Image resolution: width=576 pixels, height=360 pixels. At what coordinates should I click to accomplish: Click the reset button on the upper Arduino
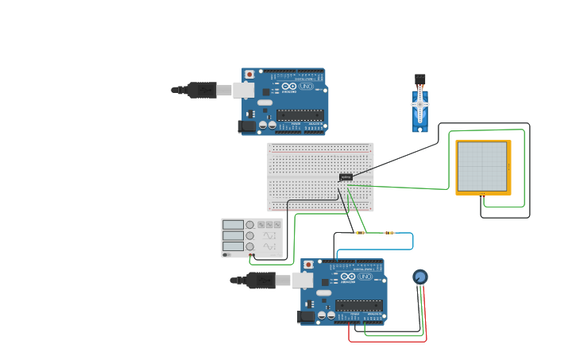(x=249, y=74)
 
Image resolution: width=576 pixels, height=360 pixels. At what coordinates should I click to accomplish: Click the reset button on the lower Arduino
(x=308, y=265)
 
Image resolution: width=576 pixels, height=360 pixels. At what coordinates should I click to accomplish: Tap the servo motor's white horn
(x=419, y=104)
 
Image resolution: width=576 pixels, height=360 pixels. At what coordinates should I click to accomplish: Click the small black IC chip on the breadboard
(x=346, y=176)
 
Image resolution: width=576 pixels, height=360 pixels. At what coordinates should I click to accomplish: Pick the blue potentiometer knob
(x=420, y=277)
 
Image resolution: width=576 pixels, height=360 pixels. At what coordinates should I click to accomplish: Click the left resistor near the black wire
(x=360, y=233)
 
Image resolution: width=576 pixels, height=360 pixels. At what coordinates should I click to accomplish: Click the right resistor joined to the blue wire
(x=389, y=233)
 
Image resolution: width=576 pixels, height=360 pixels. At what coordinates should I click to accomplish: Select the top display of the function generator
(x=233, y=225)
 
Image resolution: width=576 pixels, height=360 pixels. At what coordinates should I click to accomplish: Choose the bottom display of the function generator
(x=233, y=246)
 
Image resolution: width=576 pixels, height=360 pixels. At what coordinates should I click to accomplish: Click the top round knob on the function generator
(x=250, y=225)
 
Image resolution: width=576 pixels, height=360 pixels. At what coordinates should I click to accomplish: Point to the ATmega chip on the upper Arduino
(x=300, y=114)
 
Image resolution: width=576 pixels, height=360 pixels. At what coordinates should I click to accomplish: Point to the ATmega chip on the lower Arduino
(x=358, y=305)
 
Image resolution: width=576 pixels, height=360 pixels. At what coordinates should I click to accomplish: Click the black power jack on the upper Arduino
(x=247, y=126)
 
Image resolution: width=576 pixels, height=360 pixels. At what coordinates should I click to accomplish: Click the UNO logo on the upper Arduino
(x=306, y=86)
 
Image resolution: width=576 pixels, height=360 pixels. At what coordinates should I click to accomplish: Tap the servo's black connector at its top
(x=419, y=79)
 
